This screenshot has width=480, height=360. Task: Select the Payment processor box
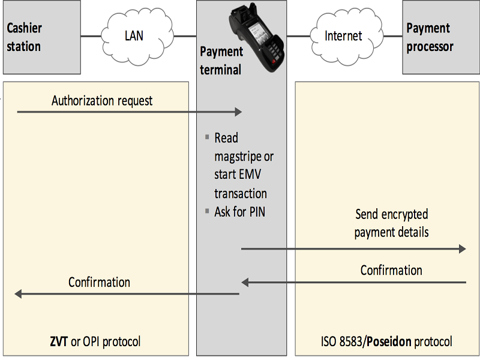pyautogui.click(x=440, y=37)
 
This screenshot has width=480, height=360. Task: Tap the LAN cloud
pyautogui.click(x=133, y=35)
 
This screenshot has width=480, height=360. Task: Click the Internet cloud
pyautogui.click(x=343, y=35)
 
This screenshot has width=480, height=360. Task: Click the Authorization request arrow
pyautogui.click(x=129, y=112)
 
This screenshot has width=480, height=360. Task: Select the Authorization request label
pyautogui.click(x=102, y=100)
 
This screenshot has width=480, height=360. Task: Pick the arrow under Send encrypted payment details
pyautogui.click(x=353, y=248)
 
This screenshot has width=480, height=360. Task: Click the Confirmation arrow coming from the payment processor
pyautogui.click(x=353, y=281)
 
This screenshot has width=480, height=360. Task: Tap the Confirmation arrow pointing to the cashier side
pyautogui.click(x=127, y=293)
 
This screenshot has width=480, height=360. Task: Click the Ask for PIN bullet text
pyautogui.click(x=240, y=211)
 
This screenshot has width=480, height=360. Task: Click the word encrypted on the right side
pyautogui.click(x=406, y=214)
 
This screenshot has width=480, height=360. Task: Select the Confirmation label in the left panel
pyautogui.click(x=99, y=281)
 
